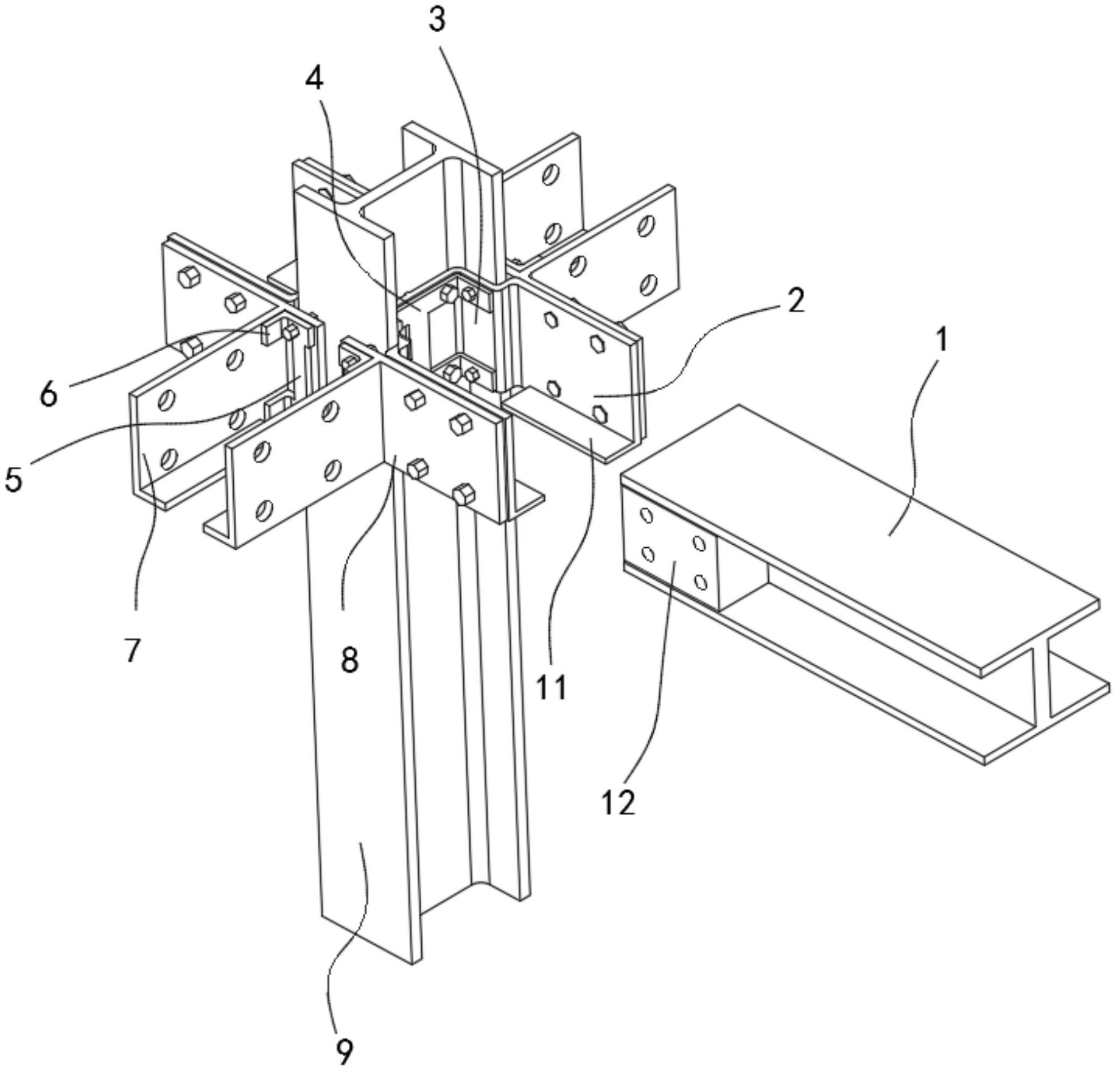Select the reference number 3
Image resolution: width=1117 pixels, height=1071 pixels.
click(x=437, y=20)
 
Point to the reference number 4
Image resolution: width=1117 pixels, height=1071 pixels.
click(x=315, y=79)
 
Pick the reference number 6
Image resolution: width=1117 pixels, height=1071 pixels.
click(x=49, y=393)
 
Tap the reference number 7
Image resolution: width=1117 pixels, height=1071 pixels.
click(x=132, y=650)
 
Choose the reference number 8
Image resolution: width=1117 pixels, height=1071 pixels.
click(x=349, y=660)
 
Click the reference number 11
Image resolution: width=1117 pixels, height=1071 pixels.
click(x=551, y=687)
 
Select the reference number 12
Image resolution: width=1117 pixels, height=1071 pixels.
click(x=618, y=803)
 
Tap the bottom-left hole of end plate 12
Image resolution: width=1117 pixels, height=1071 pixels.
click(x=648, y=553)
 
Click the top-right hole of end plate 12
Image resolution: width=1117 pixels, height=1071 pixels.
click(x=699, y=544)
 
